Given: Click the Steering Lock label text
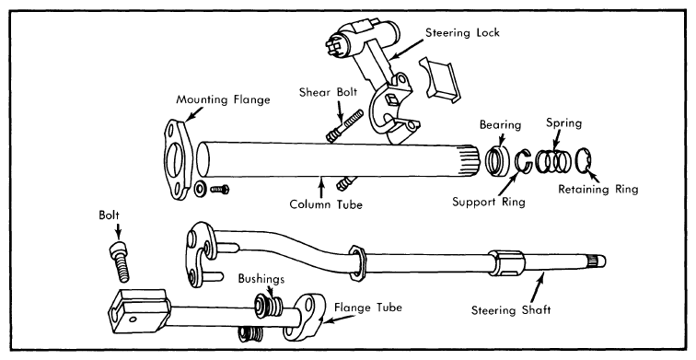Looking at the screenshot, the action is click(x=462, y=32).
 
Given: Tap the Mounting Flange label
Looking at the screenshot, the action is click(x=223, y=99).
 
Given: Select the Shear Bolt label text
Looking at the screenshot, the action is click(x=328, y=92).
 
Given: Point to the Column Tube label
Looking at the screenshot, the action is click(x=326, y=204).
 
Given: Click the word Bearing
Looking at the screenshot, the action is click(x=500, y=125).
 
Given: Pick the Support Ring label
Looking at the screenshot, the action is click(x=489, y=202).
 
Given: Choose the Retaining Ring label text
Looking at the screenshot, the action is click(x=597, y=190).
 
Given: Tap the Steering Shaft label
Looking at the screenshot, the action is click(x=510, y=310).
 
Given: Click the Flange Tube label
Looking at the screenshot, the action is click(x=368, y=308).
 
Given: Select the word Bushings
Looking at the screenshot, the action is click(x=261, y=279).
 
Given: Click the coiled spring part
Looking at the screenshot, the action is click(x=553, y=160).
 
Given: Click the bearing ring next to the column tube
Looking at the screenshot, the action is click(x=497, y=160).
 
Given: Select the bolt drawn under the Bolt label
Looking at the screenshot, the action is click(x=120, y=262).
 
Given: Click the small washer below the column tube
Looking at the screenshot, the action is click(x=200, y=189).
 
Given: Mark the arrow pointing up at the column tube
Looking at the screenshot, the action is click(x=320, y=186).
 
